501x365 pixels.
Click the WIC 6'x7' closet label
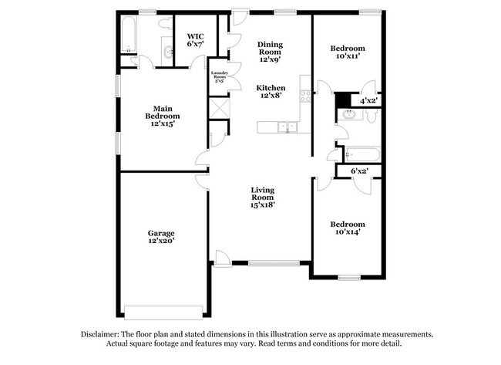pyautogui.click(x=194, y=40)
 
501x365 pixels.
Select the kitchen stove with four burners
pyautogui.click(x=304, y=97)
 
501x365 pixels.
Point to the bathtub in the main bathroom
pyautogui.click(x=128, y=35)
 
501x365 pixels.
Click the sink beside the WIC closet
pyautogui.click(x=168, y=52)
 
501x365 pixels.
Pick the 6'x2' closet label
pyautogui.click(x=359, y=171)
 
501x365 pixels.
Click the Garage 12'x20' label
pyautogui.click(x=162, y=238)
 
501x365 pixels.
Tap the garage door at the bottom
pyautogui.click(x=163, y=311)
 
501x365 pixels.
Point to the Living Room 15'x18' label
pyautogui.click(x=263, y=197)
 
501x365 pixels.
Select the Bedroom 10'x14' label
pyautogui.click(x=348, y=228)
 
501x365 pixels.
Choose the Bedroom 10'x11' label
pyautogui.click(x=348, y=52)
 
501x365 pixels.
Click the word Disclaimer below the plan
pyautogui.click(x=100, y=334)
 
